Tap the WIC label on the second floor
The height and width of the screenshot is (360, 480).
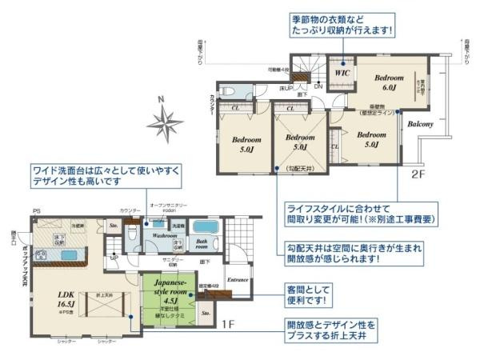pos(342,72)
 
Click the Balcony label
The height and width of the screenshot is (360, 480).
pos(420,125)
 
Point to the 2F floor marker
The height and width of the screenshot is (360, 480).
pos(418,173)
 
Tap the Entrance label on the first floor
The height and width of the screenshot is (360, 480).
pos(238,280)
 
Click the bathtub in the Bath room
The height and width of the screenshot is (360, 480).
pos(205,226)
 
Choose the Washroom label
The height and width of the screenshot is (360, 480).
pos(165,237)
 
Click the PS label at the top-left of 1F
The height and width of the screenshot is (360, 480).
pos(35,211)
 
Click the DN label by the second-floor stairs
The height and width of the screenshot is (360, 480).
pos(318,86)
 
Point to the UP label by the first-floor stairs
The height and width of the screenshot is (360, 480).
pos(114,258)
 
